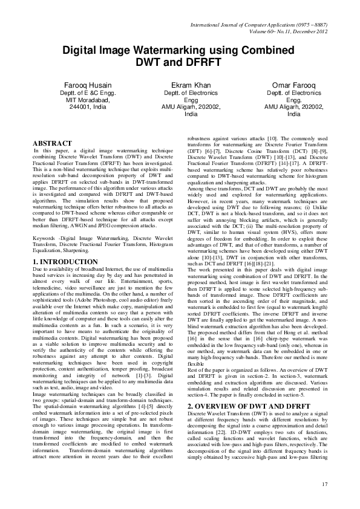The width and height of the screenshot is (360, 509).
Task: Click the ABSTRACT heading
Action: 50,142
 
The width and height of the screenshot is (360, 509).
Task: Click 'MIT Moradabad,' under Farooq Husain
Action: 83,100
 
